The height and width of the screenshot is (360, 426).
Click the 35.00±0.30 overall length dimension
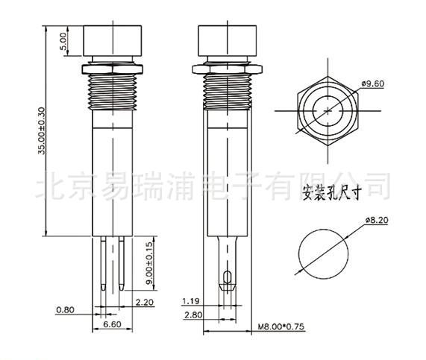(x=42, y=131)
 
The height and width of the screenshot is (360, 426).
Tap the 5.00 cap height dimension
(x=63, y=41)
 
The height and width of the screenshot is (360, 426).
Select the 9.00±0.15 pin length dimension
(x=149, y=263)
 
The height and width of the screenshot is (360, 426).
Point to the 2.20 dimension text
(x=145, y=302)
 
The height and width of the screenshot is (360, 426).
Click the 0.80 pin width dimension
(x=65, y=310)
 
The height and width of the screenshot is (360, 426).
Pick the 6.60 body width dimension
(x=112, y=324)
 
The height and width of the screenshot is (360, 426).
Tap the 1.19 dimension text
(x=191, y=301)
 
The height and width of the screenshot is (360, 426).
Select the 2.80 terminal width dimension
(x=193, y=315)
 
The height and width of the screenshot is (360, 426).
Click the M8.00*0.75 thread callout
(x=281, y=326)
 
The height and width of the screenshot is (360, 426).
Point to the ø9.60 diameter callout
(x=373, y=84)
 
